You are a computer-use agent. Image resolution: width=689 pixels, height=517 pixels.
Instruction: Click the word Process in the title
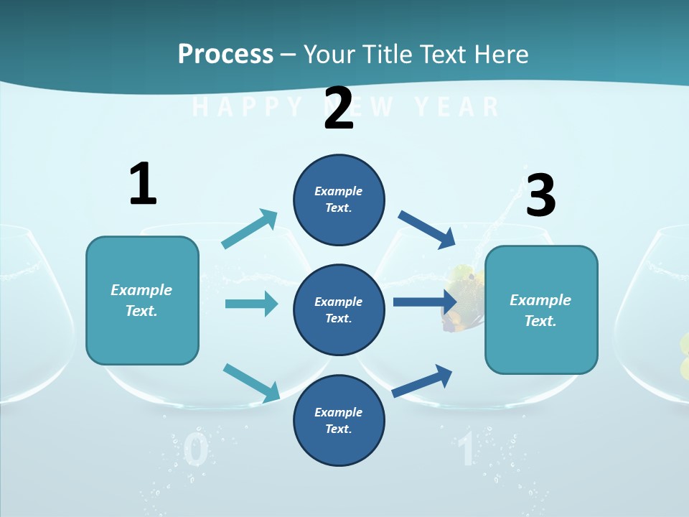coord(225,54)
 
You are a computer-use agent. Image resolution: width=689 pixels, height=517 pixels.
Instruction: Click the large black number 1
coord(143,185)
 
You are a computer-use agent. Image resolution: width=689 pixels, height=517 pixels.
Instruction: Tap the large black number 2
coord(339,108)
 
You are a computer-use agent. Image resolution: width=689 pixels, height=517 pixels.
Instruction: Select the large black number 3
coord(541,195)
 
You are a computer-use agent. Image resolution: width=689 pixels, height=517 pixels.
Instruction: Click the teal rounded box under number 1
coord(142,300)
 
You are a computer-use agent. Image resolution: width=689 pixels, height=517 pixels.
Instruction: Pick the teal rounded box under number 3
coord(541,310)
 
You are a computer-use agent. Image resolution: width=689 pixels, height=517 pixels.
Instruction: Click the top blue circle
coord(339,200)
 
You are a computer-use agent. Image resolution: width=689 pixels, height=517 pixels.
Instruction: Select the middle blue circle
coord(339,310)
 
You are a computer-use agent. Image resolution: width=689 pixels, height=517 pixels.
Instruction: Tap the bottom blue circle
coord(339,421)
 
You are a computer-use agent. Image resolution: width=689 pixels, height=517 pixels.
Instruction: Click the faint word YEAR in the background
coord(456,107)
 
